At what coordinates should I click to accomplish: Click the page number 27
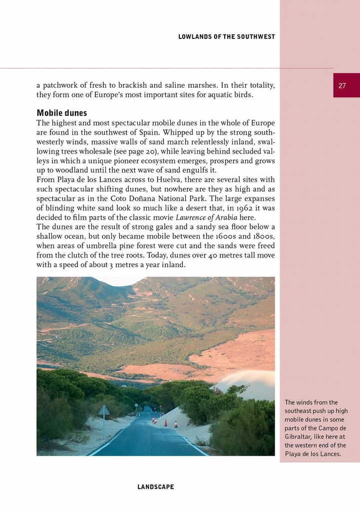coord(342,85)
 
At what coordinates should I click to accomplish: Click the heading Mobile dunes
coord(62,113)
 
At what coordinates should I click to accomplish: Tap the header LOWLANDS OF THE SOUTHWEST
coord(226,37)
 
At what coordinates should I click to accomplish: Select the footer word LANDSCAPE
coord(156,487)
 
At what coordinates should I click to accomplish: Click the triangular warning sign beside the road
coord(104,411)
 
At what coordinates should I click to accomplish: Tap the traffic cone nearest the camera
coord(175,424)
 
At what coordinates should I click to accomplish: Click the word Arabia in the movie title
coord(225,218)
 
